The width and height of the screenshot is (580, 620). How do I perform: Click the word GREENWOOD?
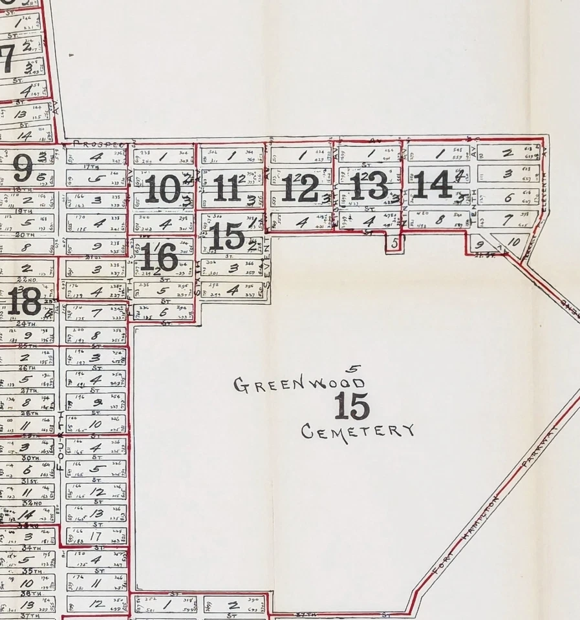(x=298, y=385)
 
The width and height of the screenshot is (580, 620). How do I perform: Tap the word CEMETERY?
(x=358, y=431)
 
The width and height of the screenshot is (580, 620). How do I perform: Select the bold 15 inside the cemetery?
(x=352, y=406)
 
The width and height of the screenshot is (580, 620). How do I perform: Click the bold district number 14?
(x=433, y=185)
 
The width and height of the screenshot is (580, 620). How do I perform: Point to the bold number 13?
(x=369, y=185)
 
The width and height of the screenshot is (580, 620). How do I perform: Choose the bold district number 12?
(x=300, y=188)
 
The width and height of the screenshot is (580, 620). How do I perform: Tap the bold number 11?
(x=226, y=188)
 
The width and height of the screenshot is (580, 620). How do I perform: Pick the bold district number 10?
(x=162, y=189)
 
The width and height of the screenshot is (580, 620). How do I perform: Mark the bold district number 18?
(x=24, y=301)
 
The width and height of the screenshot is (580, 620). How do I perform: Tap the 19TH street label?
(x=26, y=211)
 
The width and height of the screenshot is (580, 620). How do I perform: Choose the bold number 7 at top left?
(x=8, y=60)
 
